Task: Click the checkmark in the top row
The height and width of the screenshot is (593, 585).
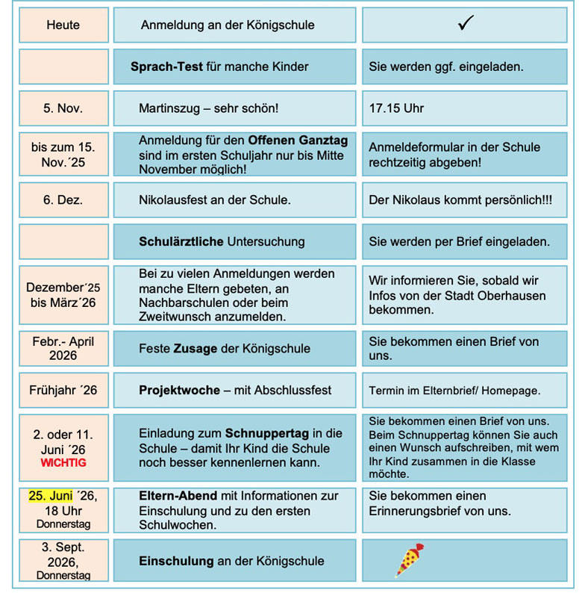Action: point(466,24)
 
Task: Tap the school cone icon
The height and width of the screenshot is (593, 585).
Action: point(409,560)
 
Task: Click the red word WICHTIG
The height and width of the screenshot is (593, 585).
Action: point(63,463)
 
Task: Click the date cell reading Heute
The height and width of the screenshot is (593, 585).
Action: point(63,25)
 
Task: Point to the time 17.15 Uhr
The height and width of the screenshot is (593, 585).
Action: point(396,108)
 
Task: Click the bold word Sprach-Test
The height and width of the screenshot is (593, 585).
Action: point(167,66)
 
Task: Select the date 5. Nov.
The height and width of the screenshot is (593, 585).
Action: point(63,108)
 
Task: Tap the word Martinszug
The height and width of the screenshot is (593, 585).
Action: point(169,108)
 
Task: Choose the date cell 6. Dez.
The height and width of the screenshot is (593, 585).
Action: point(63,200)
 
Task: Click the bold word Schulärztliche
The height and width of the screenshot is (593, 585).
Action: point(181,241)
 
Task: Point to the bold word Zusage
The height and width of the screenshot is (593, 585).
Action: point(195,348)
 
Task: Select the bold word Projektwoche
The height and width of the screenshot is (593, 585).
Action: point(179,391)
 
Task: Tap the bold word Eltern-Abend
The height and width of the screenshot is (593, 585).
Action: point(178,496)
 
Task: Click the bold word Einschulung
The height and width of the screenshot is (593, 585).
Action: point(176,561)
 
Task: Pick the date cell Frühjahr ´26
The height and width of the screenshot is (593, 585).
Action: point(63,391)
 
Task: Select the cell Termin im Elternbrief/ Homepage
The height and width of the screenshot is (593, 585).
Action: point(454,391)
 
